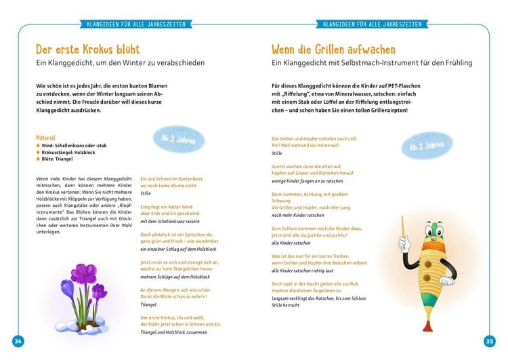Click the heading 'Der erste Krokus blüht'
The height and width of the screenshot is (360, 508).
click(88, 50)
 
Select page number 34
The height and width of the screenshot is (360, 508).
click(18, 340)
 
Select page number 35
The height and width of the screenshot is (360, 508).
click(489, 340)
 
